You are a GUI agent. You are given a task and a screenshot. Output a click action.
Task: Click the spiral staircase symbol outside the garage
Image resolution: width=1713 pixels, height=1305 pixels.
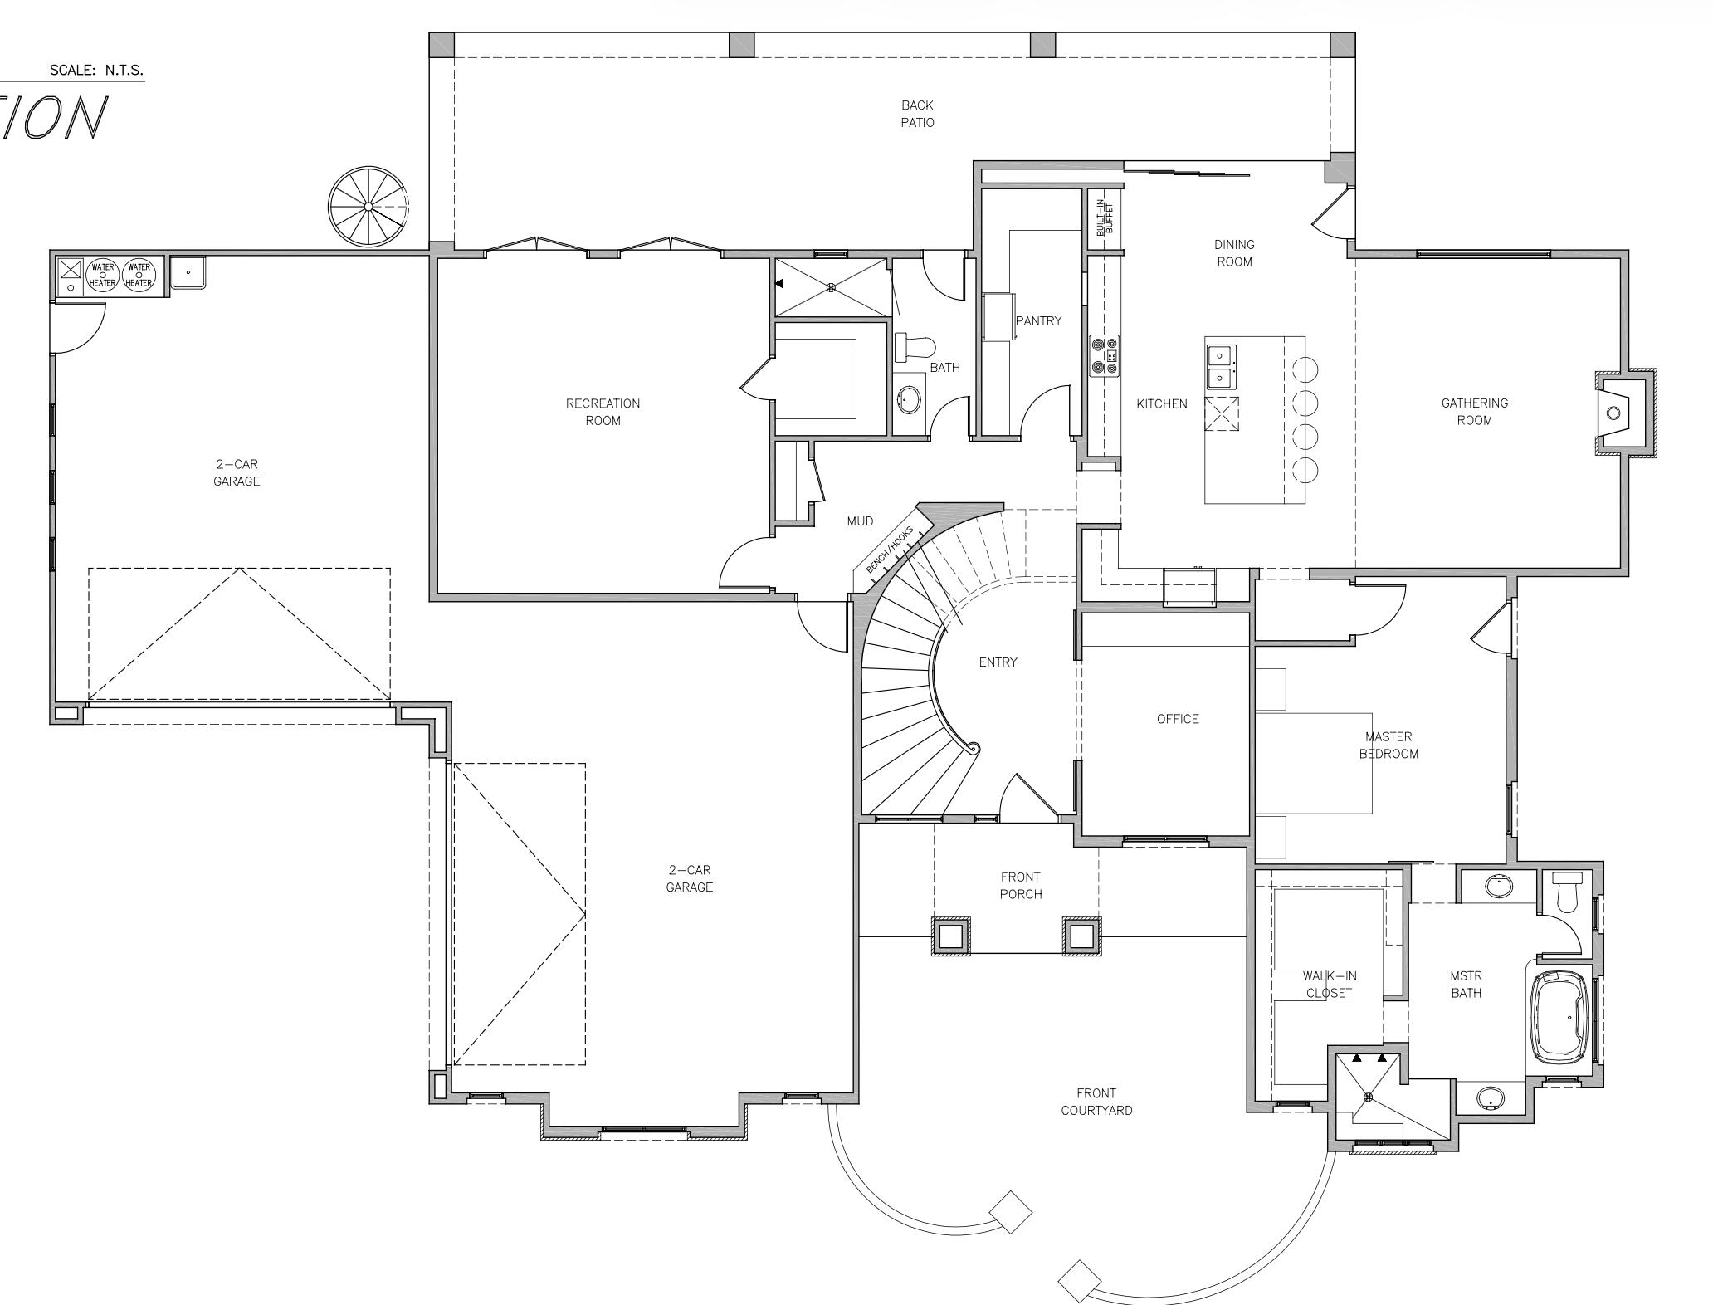368,207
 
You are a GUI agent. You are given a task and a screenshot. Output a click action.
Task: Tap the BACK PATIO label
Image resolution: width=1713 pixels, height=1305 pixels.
917,114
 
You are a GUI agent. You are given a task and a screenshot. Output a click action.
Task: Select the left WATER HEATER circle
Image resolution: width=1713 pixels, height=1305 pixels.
103,275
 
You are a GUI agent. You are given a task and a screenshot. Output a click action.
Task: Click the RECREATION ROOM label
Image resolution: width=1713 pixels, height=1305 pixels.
603,412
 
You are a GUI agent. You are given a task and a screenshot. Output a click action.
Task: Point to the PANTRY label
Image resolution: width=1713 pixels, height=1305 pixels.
1038,321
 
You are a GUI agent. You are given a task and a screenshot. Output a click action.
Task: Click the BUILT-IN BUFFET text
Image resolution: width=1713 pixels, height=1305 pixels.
1105,217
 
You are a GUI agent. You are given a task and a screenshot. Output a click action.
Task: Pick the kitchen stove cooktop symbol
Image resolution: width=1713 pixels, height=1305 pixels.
1105,356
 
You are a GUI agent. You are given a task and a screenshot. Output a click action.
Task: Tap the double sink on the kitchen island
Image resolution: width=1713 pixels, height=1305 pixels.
1220,367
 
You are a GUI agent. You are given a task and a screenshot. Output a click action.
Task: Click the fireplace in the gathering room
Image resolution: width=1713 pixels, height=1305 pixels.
1614,413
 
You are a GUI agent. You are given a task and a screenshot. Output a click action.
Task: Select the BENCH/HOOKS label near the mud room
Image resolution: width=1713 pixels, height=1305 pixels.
889,549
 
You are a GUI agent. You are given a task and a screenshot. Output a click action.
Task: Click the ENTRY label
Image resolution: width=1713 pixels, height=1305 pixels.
998,662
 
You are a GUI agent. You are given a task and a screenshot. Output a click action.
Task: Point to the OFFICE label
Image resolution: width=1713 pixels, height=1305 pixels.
1178,719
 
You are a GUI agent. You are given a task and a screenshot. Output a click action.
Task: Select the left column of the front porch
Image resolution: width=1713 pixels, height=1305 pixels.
950,936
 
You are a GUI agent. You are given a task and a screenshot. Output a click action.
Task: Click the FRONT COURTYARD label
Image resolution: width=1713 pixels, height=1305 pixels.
1096,1102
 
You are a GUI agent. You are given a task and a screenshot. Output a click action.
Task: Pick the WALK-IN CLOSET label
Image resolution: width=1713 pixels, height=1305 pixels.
1329,985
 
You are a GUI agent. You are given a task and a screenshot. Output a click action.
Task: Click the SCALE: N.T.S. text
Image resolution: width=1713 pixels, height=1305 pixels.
96,71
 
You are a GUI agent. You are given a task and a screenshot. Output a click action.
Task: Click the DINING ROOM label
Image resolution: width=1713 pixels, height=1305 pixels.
1234,253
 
